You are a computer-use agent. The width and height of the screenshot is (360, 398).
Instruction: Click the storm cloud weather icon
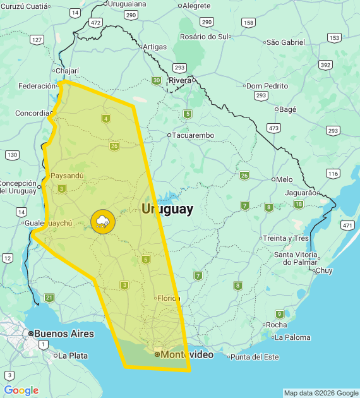click(x=102, y=221)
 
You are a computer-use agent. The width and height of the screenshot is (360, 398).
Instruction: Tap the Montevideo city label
click(x=187, y=355)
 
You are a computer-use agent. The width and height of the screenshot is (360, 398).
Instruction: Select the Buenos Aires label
click(x=64, y=334)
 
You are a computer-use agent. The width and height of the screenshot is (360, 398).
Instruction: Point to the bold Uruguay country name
click(x=167, y=209)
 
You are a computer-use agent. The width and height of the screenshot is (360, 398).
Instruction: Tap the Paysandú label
click(x=67, y=176)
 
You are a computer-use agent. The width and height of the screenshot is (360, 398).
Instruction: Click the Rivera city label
click(x=180, y=80)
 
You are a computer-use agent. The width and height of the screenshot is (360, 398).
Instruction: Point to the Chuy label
click(x=323, y=270)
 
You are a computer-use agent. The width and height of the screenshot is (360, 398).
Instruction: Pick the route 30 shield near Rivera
click(x=156, y=80)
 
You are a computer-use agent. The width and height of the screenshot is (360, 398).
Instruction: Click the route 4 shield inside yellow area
click(x=105, y=119)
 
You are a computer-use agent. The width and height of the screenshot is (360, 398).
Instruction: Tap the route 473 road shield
click(x=273, y=128)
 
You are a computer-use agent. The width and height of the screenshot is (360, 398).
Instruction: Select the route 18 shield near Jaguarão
click(x=298, y=204)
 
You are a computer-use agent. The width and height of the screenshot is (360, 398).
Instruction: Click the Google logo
click(x=21, y=390)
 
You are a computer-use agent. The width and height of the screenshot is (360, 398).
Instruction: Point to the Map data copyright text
click(x=321, y=393)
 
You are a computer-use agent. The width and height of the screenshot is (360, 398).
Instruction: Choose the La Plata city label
click(x=73, y=356)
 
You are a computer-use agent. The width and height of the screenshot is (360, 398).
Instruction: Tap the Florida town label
click(x=169, y=298)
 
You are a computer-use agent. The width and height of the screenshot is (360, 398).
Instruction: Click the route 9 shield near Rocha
click(x=280, y=314)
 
